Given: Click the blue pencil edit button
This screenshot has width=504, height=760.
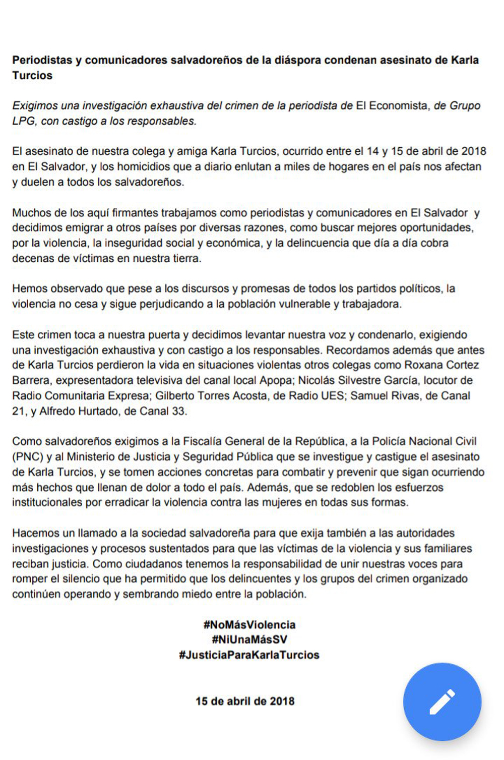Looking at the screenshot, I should coord(442,701).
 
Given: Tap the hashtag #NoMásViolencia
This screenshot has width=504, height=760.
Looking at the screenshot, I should coord(249,624).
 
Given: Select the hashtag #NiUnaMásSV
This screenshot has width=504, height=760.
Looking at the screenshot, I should coord(249,639).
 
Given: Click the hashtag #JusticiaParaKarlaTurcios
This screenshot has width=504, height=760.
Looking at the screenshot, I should coord(249,655).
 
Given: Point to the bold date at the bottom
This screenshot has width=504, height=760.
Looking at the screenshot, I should coord(245,701).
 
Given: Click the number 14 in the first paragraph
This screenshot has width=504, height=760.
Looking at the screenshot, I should coord(372,151).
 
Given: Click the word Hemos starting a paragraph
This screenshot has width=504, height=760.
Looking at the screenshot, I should coord(29,289).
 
